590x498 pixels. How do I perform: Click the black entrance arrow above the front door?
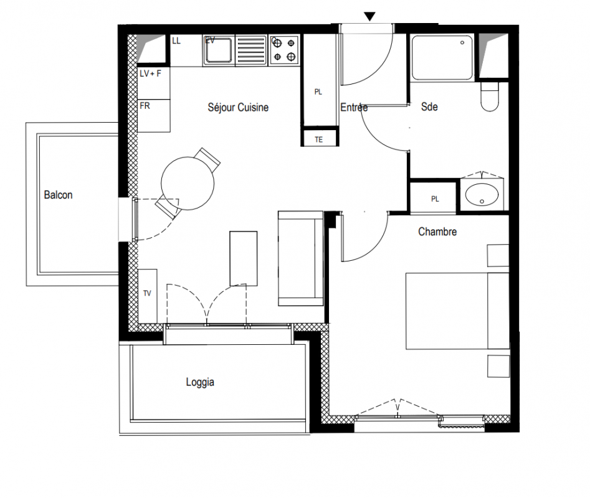370,17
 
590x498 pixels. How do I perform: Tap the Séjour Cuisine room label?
238,108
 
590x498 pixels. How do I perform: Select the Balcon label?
58,195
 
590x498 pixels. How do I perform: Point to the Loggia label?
200,382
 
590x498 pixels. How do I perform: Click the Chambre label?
437,232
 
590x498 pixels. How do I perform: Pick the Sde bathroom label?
429,106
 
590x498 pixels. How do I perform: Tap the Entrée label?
354,107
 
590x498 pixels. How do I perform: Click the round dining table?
188,184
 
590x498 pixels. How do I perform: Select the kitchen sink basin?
219,50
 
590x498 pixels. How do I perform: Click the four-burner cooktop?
284,50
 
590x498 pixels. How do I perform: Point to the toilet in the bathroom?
490,96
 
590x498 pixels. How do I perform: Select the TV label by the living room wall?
147,293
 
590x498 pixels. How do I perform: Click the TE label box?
319,140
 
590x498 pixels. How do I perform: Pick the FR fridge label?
145,106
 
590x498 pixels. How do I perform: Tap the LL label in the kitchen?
176,40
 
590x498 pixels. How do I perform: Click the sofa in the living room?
301,258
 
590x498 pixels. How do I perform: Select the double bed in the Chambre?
457,311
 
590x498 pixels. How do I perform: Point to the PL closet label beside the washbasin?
435,199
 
